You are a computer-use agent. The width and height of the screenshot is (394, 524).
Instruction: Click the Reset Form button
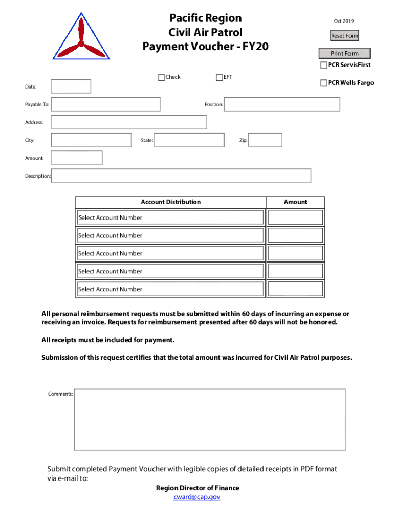(x=344, y=36)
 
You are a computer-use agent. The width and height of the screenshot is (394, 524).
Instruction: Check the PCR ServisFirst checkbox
(x=323, y=65)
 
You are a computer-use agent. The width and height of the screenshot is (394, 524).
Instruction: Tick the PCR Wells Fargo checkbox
(x=323, y=83)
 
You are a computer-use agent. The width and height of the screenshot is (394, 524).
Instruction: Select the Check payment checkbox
(x=162, y=77)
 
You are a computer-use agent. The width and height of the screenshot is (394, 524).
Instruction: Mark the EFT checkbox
(x=220, y=77)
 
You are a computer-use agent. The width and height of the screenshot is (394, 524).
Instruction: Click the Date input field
(x=71, y=86)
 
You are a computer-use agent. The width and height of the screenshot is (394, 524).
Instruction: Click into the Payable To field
(x=105, y=104)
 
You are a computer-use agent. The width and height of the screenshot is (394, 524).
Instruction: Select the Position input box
(x=282, y=104)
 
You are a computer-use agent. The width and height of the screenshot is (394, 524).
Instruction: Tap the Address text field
(x=128, y=122)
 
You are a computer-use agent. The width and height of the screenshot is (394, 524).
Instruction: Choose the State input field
(x=189, y=140)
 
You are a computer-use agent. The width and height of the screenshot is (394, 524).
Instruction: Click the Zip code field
(x=265, y=140)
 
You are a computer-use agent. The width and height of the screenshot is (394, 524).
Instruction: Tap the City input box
(x=91, y=140)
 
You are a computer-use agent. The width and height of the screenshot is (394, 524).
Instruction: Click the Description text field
(x=181, y=176)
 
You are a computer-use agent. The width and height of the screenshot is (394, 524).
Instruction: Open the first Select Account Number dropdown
(x=170, y=218)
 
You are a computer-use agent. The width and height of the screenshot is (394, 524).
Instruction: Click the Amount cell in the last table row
(x=296, y=289)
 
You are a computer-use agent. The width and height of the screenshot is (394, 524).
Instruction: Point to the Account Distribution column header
(x=170, y=202)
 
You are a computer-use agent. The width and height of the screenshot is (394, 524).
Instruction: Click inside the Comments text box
(x=210, y=420)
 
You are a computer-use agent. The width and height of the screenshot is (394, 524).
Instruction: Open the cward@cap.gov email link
(x=197, y=497)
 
